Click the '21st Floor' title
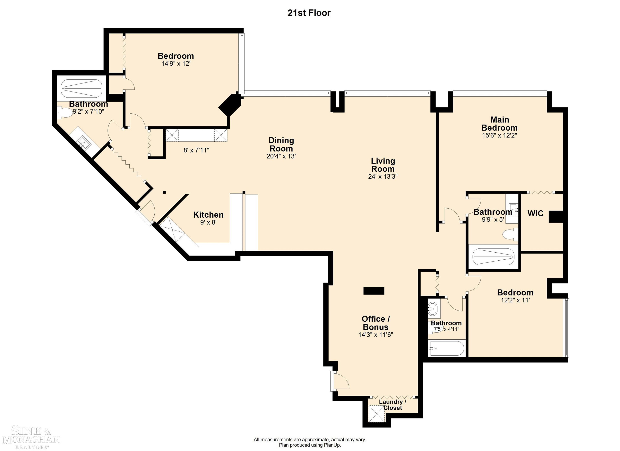309,13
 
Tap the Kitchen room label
208,215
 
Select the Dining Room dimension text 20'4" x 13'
281,156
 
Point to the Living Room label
383,165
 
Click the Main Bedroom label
500,124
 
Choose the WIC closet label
535,214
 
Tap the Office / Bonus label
376,323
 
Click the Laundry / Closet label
392,405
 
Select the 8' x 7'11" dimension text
196,150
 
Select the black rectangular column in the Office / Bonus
374,291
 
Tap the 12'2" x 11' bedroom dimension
515,300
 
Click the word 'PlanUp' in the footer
333,445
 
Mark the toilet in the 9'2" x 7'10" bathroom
64,113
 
